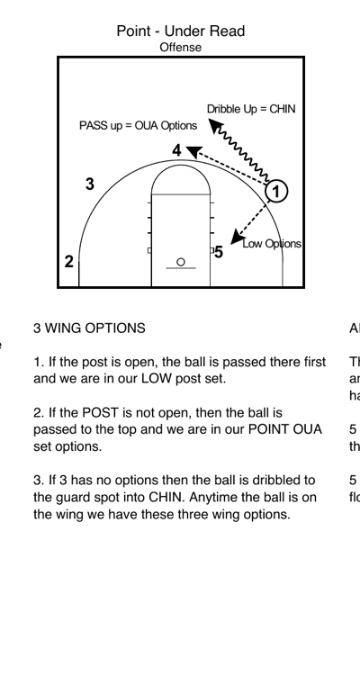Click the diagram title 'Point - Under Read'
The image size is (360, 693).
point(180,31)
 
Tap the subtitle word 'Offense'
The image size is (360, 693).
point(180,47)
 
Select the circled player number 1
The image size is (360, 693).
point(278,191)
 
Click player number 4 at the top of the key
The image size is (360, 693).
point(177,150)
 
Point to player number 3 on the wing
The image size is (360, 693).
point(89,184)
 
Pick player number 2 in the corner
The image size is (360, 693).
point(69,262)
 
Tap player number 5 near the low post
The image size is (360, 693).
point(219,253)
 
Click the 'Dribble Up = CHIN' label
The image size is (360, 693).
point(251,109)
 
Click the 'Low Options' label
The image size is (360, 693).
point(272,244)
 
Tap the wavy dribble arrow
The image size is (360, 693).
point(242,152)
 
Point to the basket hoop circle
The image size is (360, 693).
point(180,262)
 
